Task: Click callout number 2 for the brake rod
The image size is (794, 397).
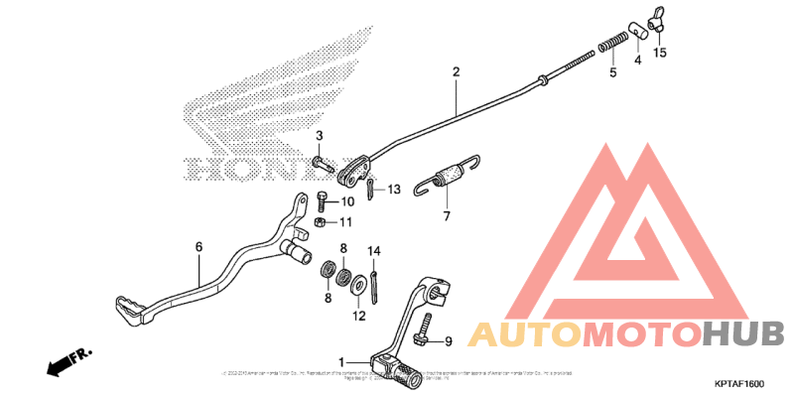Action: click(x=456, y=72)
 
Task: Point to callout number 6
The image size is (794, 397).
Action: click(x=198, y=247)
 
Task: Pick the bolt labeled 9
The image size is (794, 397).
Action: click(x=425, y=331)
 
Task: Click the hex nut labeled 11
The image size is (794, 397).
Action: click(x=322, y=222)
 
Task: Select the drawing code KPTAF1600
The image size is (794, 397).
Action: click(x=739, y=383)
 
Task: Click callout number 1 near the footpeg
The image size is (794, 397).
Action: click(x=341, y=361)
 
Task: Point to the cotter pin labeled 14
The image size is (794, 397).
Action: click(x=375, y=281)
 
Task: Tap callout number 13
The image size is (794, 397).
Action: click(x=393, y=189)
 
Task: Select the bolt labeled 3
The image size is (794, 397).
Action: click(x=320, y=162)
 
